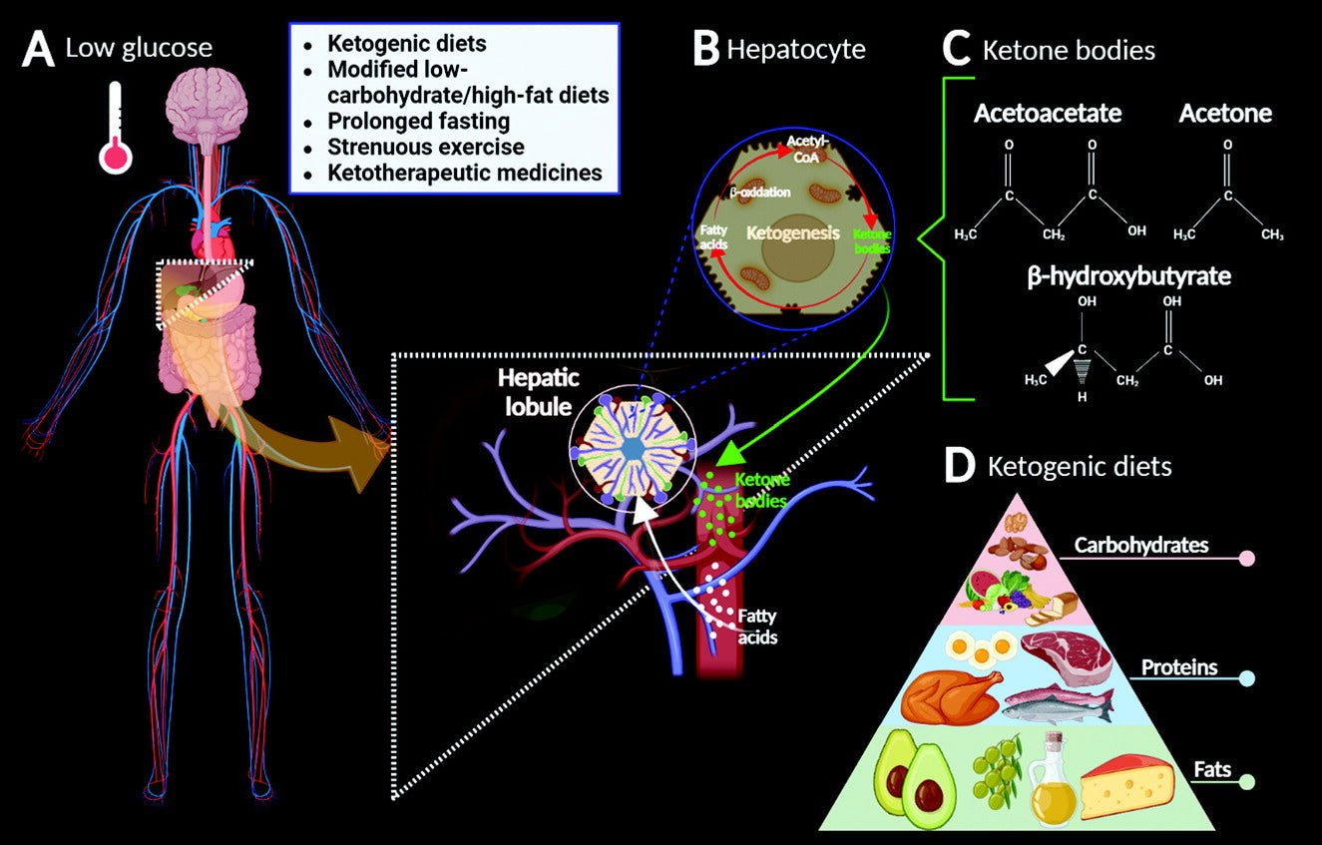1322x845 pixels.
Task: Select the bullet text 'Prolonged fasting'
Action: pyautogui.click(x=419, y=122)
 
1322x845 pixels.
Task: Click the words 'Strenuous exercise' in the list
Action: pyautogui.click(x=426, y=147)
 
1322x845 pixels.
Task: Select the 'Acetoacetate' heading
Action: pyautogui.click(x=1047, y=113)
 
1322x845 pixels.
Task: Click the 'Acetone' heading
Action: pyautogui.click(x=1224, y=113)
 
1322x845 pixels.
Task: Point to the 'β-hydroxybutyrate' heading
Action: pyautogui.click(x=1128, y=276)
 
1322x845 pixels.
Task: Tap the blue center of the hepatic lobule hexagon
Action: pyautogui.click(x=633, y=452)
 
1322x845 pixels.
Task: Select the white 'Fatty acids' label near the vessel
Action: pyautogui.click(x=757, y=626)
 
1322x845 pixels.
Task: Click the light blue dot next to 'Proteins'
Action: pyautogui.click(x=1246, y=679)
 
